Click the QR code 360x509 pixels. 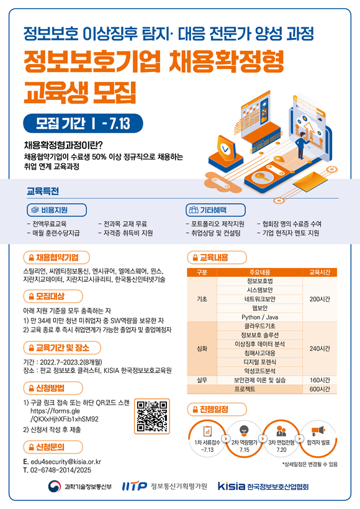152,416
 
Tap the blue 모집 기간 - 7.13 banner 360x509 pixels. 83,124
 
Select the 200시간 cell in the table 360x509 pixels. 320,299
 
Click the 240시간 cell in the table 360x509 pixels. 320,348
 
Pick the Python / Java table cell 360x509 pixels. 259,317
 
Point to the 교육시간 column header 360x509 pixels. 320,272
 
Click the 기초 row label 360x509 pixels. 202,299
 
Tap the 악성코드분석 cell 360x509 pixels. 259,371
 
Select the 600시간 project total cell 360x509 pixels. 320,389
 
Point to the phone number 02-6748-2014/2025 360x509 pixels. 61,470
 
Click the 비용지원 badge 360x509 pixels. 57,210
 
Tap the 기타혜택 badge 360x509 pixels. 215,210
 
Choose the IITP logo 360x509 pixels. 135,486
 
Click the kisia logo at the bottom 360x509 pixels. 232,486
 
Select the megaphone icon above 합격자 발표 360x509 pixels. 318,431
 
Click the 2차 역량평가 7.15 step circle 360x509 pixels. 244,439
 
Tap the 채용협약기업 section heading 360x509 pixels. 56,258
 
